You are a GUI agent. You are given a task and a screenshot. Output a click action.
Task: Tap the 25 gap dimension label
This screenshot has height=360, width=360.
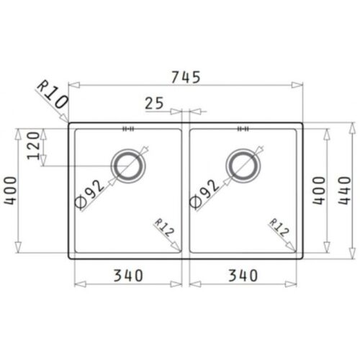154,104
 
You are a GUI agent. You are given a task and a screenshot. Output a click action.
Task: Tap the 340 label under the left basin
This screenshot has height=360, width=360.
127,274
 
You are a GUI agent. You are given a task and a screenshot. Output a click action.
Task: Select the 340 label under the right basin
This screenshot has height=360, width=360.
245,274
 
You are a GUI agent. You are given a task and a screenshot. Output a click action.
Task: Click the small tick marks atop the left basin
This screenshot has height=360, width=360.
129,130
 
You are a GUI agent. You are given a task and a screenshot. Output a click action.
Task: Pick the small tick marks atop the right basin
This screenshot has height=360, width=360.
243,130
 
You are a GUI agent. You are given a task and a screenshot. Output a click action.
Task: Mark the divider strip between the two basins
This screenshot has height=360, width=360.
186,191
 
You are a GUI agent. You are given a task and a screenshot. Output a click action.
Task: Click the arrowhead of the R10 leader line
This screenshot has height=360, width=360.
66,120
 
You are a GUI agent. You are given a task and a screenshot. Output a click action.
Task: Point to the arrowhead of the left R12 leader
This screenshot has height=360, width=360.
179,247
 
